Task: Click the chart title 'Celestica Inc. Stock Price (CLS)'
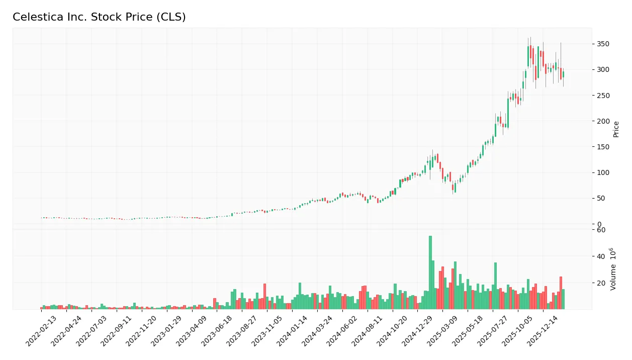[99, 17]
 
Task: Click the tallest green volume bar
[430, 272]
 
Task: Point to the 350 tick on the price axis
[602, 44]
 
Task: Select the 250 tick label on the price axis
[602, 96]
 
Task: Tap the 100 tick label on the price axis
[602, 172]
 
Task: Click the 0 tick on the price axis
[598, 224]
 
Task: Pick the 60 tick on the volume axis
[600, 230]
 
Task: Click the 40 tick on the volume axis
[600, 256]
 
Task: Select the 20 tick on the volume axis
[600, 283]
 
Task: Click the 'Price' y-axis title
[616, 129]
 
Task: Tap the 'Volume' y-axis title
[613, 269]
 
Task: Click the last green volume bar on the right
[563, 299]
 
